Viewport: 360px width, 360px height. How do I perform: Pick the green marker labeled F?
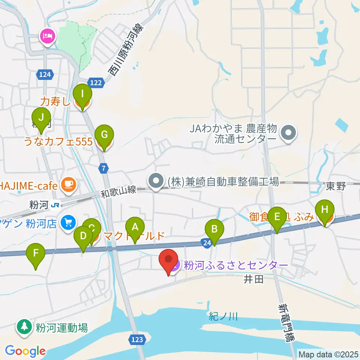tap(36, 253)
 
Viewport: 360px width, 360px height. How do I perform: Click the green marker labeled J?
tap(41, 118)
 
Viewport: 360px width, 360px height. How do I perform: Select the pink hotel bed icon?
tap(48, 36)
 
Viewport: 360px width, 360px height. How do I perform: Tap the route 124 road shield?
tap(44, 75)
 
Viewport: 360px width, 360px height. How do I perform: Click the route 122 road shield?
tap(96, 82)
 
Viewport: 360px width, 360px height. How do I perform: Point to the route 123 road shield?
tap(137, 339)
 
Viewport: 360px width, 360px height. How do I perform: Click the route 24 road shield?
tap(207, 243)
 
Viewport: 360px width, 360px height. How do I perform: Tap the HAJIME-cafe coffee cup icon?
tap(69, 184)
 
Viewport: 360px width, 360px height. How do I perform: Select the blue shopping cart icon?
tap(68, 222)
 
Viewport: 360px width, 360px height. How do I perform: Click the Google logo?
tap(25, 351)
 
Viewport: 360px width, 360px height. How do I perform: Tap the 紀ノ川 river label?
tap(223, 317)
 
